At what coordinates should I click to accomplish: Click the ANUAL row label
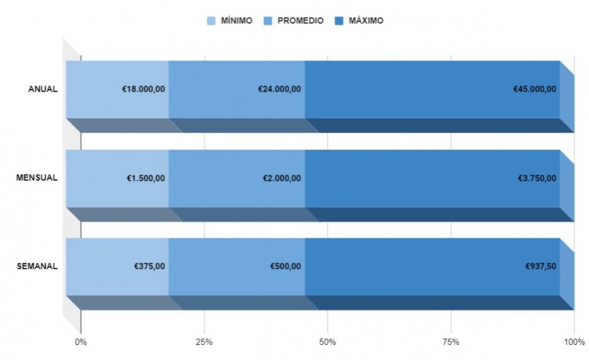pos(42,89)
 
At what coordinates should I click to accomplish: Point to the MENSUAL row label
pos(37,178)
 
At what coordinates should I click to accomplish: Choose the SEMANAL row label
pos(37,266)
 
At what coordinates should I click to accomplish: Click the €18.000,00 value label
pos(143,89)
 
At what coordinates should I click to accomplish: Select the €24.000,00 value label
pos(279,89)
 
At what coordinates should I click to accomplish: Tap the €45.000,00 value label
pos(534,89)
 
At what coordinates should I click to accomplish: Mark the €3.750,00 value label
pos(537,178)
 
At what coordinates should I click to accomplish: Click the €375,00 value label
pos(150,266)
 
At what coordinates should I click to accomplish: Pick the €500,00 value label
pos(286,266)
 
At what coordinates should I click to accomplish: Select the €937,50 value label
pos(541,266)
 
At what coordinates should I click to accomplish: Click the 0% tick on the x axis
pos(81,341)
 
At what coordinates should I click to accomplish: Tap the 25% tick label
pos(204,341)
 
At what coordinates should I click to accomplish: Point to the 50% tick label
pos(328,341)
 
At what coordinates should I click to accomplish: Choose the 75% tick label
pos(451,341)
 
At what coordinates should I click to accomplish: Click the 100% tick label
pos(573,341)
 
